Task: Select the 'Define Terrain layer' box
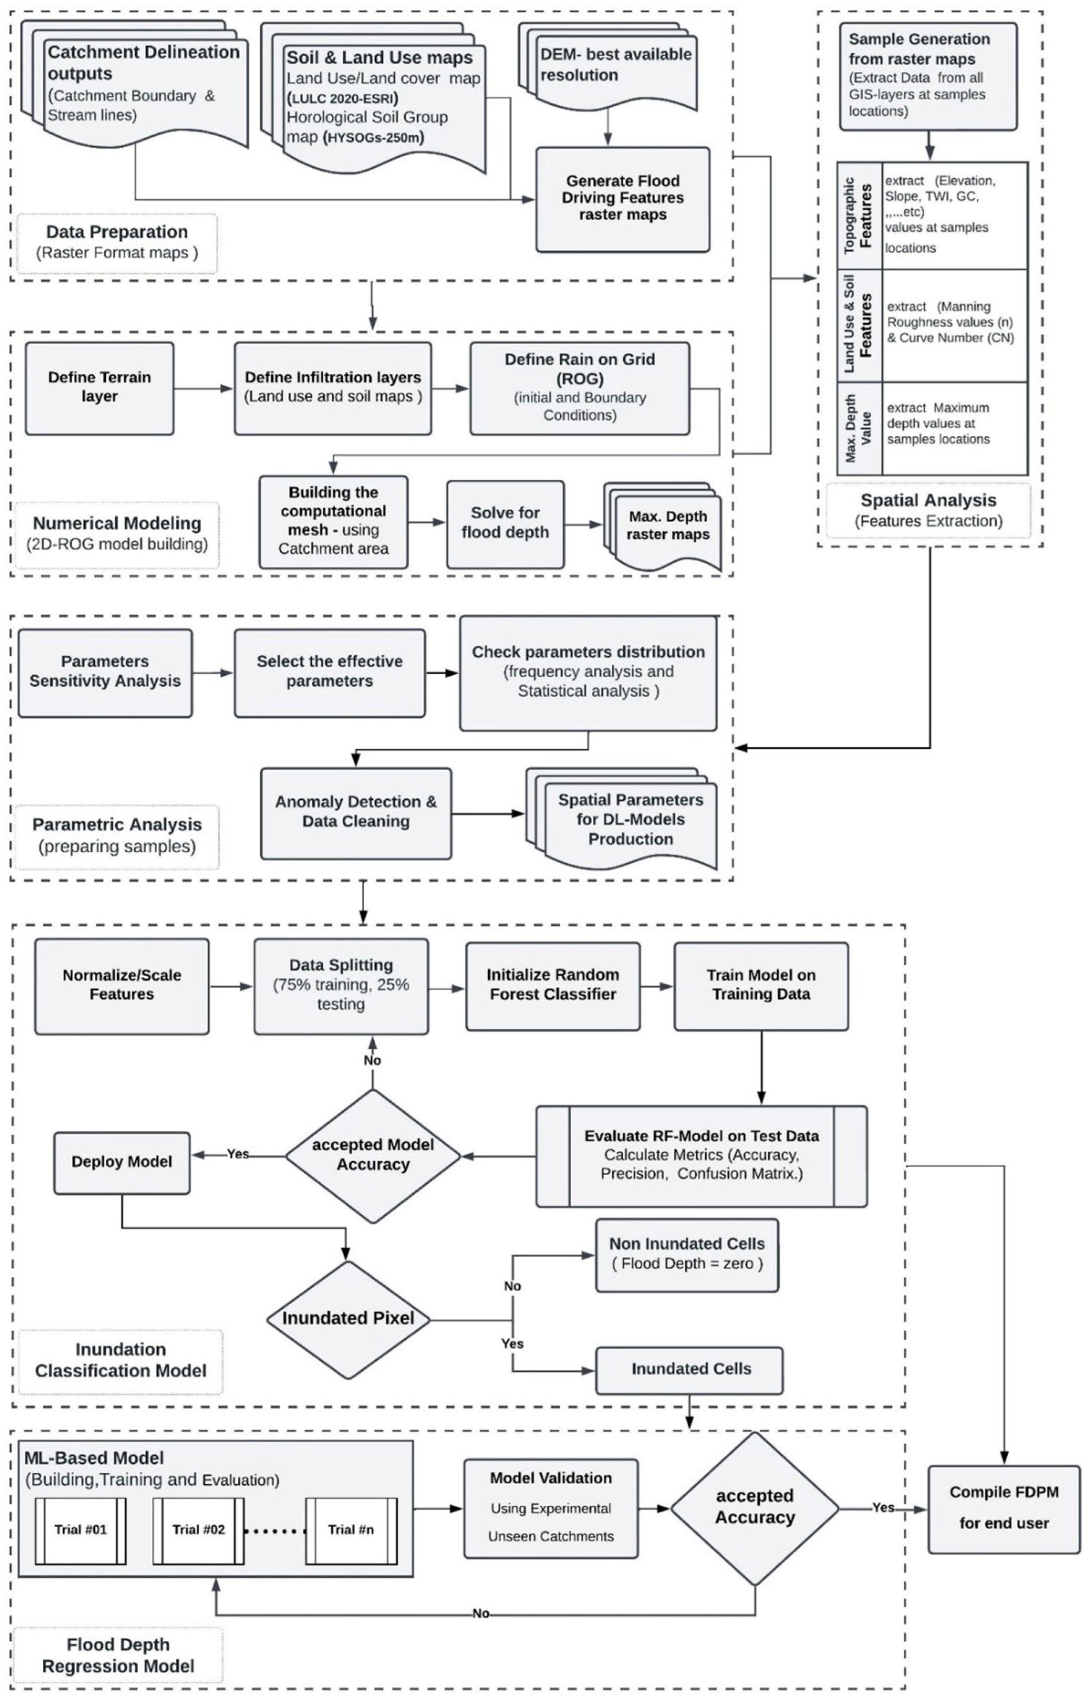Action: point(99,388)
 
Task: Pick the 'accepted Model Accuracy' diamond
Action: point(373,1156)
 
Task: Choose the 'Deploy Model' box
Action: point(122,1162)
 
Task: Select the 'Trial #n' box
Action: point(351,1530)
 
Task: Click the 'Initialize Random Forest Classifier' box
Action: point(553,985)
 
